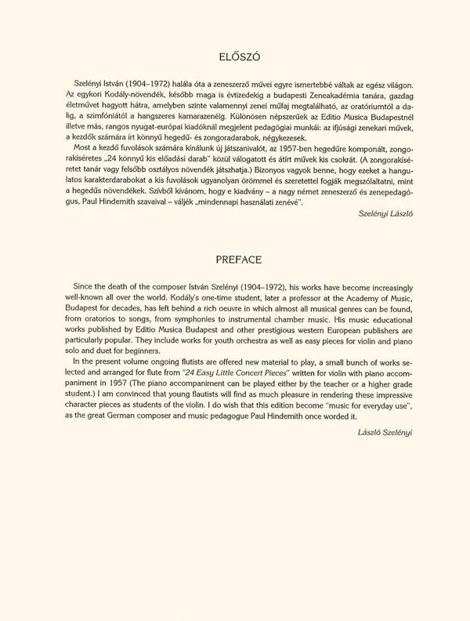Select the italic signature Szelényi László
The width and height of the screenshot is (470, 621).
390,212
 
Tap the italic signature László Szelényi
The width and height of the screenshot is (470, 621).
390,432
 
